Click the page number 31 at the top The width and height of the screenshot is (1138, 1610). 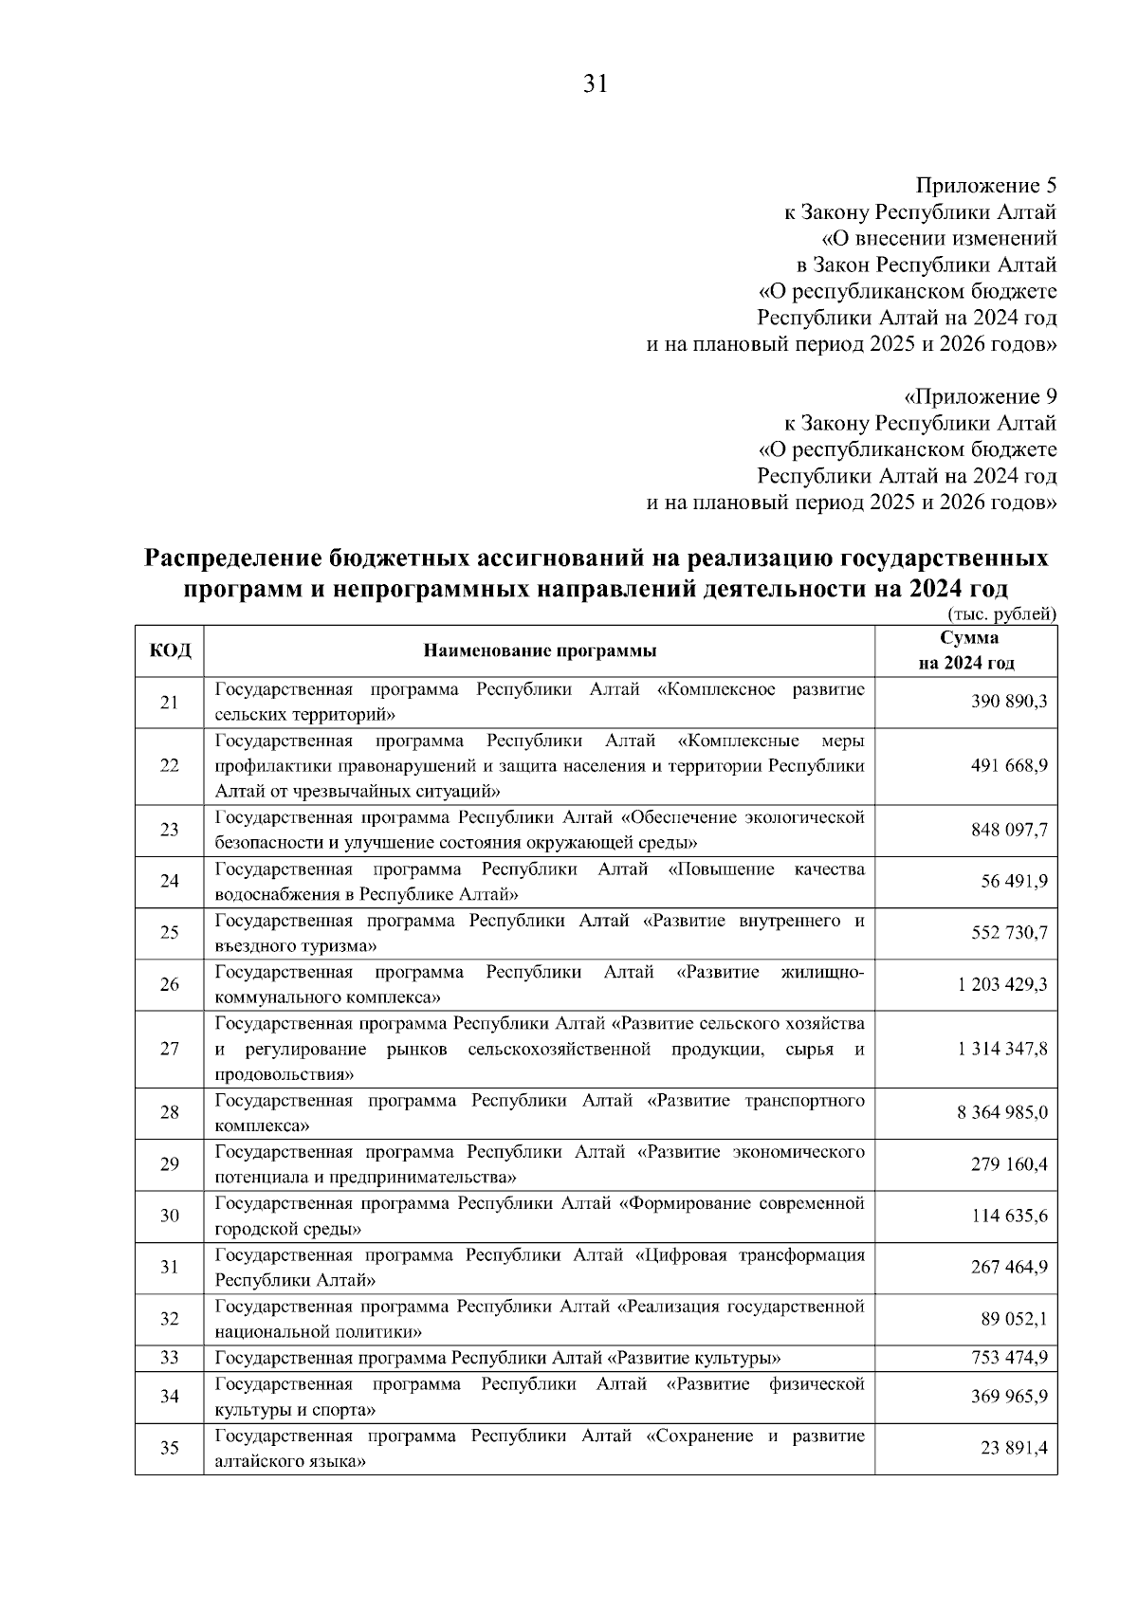pyautogui.click(x=594, y=84)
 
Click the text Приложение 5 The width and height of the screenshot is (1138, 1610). pyautogui.click(x=985, y=185)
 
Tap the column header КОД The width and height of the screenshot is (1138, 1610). pyautogui.click(x=170, y=650)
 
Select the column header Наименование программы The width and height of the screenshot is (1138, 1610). pyautogui.click(x=540, y=650)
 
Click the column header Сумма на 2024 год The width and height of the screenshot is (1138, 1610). pyautogui.click(x=965, y=650)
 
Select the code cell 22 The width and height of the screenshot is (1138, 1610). pyautogui.click(x=170, y=766)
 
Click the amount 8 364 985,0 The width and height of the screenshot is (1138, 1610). pyautogui.click(x=1001, y=1113)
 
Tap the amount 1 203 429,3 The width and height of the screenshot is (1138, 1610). pyautogui.click(x=1001, y=985)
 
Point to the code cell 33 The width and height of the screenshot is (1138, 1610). pyautogui.click(x=170, y=1358)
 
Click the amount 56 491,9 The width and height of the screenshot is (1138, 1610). pyautogui.click(x=1014, y=883)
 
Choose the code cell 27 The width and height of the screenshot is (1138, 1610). pyautogui.click(x=170, y=1050)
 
